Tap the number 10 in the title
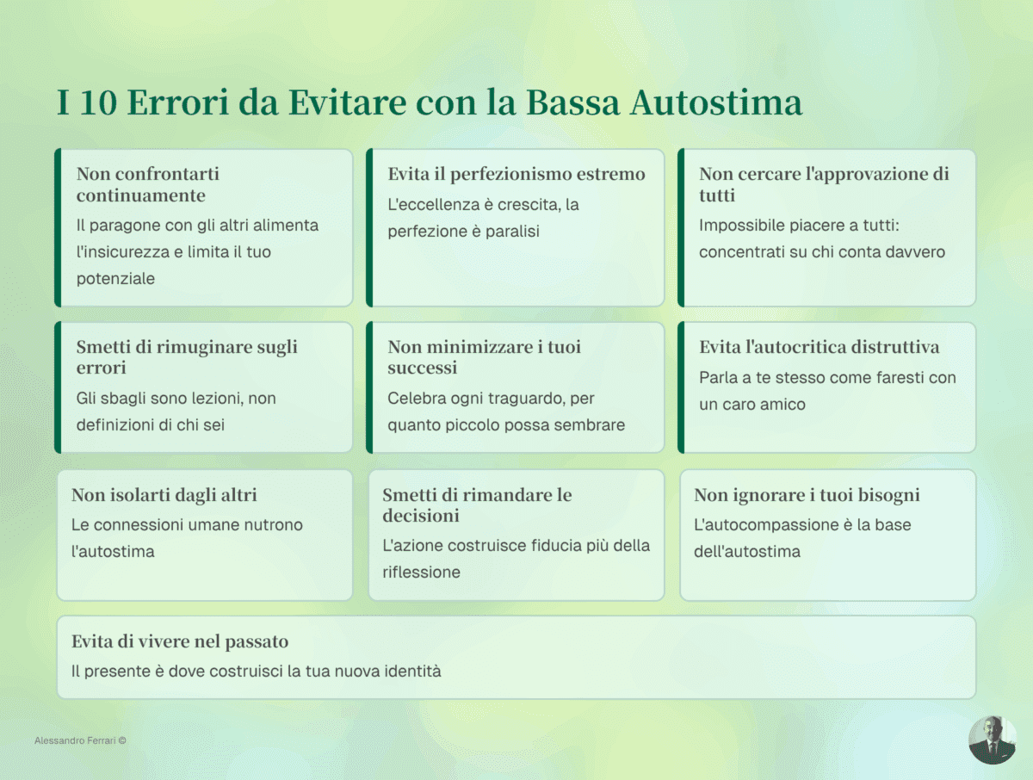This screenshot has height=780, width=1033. click(x=99, y=102)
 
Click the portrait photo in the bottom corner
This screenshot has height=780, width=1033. click(x=992, y=739)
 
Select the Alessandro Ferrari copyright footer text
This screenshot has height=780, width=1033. click(x=80, y=740)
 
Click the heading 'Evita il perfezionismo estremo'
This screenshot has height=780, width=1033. click(x=516, y=174)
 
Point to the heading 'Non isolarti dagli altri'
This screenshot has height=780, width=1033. click(x=164, y=495)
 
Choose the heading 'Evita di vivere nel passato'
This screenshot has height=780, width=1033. click(x=179, y=642)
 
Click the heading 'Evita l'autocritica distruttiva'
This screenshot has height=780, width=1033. click(x=819, y=347)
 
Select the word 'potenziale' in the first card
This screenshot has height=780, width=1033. click(x=115, y=279)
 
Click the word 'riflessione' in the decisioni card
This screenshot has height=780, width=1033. click(x=421, y=573)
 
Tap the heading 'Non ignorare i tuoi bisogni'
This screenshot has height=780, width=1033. click(x=807, y=495)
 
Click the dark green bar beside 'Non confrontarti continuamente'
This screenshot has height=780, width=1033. click(x=58, y=227)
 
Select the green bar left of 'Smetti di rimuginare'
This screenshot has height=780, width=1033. click(x=58, y=387)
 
